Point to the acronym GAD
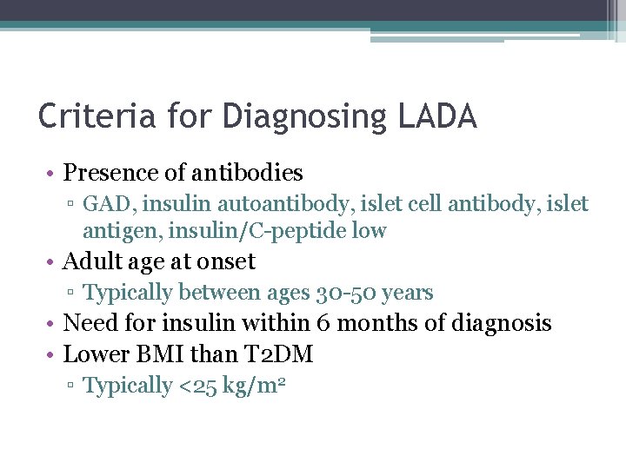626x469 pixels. coord(103,204)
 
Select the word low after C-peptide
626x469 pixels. coord(368,231)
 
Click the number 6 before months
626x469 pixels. coord(323,324)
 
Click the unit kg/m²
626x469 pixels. coord(252,386)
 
